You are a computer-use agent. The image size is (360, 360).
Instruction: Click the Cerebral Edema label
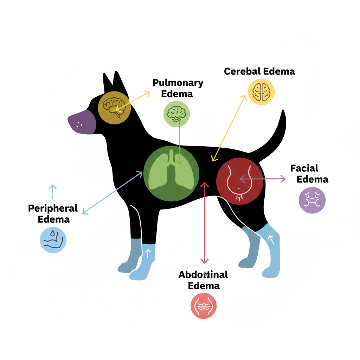259,71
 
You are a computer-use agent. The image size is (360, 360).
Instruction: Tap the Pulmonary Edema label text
178,88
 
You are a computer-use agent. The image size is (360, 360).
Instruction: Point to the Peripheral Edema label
53,213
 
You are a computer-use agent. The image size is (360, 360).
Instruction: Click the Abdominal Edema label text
204,280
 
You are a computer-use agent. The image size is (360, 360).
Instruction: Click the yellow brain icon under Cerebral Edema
261,91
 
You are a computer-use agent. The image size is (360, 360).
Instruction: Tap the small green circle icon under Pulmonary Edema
176,114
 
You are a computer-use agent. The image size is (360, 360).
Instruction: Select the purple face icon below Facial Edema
312,200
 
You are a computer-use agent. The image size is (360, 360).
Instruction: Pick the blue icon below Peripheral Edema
53,240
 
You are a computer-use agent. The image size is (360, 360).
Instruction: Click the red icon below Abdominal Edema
204,306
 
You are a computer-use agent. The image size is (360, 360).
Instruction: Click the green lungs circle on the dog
172,174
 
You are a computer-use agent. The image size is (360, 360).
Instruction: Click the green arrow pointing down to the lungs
180,141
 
